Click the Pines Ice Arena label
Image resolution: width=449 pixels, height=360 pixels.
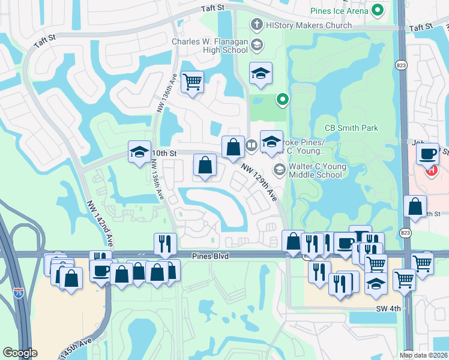(x=339, y=10)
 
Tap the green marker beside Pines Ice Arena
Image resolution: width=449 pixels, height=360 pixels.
(x=378, y=10)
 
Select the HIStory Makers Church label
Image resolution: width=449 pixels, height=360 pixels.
(x=309, y=26)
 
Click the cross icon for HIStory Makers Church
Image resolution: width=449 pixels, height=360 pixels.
(x=256, y=25)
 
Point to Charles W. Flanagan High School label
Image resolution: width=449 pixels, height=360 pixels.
(x=209, y=46)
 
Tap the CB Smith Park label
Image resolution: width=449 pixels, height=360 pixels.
(x=351, y=128)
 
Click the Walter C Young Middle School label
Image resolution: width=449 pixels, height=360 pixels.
(x=315, y=170)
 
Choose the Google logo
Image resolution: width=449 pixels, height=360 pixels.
(x=20, y=353)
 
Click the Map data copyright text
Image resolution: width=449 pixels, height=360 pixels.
(x=423, y=355)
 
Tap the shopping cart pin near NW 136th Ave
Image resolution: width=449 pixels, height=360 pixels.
(x=192, y=82)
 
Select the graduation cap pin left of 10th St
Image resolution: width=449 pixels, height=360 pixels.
(x=139, y=152)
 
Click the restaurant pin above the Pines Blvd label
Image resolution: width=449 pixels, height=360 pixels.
(x=165, y=244)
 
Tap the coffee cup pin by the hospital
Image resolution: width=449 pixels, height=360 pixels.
(x=427, y=154)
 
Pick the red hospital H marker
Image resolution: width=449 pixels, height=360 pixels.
(x=431, y=170)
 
